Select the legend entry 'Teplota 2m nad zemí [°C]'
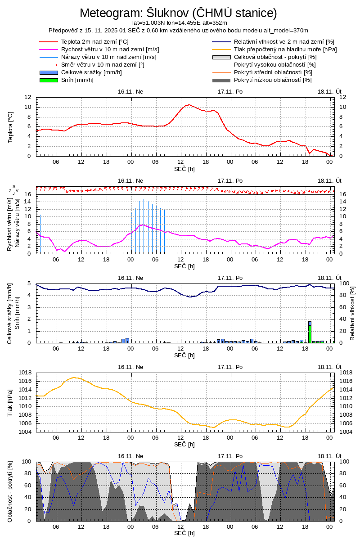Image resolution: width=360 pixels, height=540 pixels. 94,42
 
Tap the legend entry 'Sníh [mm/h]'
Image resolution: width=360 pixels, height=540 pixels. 77,80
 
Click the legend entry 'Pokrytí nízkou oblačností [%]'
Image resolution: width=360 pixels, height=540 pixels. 273,80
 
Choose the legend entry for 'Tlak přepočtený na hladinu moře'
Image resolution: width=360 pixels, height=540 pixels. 285,49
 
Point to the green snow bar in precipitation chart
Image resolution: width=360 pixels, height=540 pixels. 310,333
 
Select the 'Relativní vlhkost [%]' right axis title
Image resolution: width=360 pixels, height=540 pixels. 352,313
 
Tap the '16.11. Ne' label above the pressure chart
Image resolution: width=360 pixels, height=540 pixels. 130,367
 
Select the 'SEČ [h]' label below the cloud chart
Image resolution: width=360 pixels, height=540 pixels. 184,533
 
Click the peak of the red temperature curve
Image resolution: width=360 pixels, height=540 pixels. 189,105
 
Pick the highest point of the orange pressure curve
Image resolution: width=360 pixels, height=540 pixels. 75,378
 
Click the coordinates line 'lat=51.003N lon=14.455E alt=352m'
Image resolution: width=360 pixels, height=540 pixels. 179,22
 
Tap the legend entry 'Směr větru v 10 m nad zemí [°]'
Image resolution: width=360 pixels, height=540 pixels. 102,65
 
